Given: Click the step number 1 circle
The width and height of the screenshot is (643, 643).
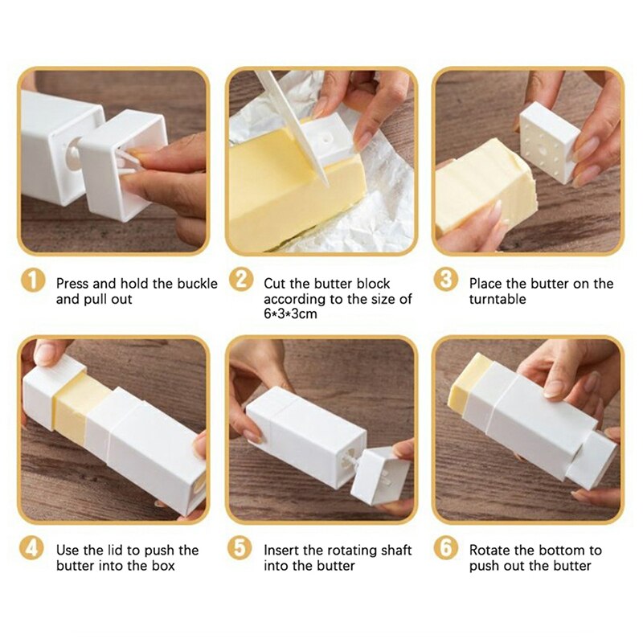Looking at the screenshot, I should click(32, 281).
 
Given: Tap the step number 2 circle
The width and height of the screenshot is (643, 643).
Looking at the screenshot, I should click(240, 281).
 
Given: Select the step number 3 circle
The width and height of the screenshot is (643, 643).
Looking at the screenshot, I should click(446, 281).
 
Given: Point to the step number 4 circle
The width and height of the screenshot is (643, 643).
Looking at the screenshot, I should click(32, 549).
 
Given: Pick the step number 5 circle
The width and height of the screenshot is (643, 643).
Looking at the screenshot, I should click(240, 549).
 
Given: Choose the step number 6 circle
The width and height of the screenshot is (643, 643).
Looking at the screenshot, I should click(446, 549).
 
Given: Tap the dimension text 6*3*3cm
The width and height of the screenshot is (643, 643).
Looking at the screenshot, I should click(290, 314).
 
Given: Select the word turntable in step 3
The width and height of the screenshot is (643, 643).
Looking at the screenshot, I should click(498, 299).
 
